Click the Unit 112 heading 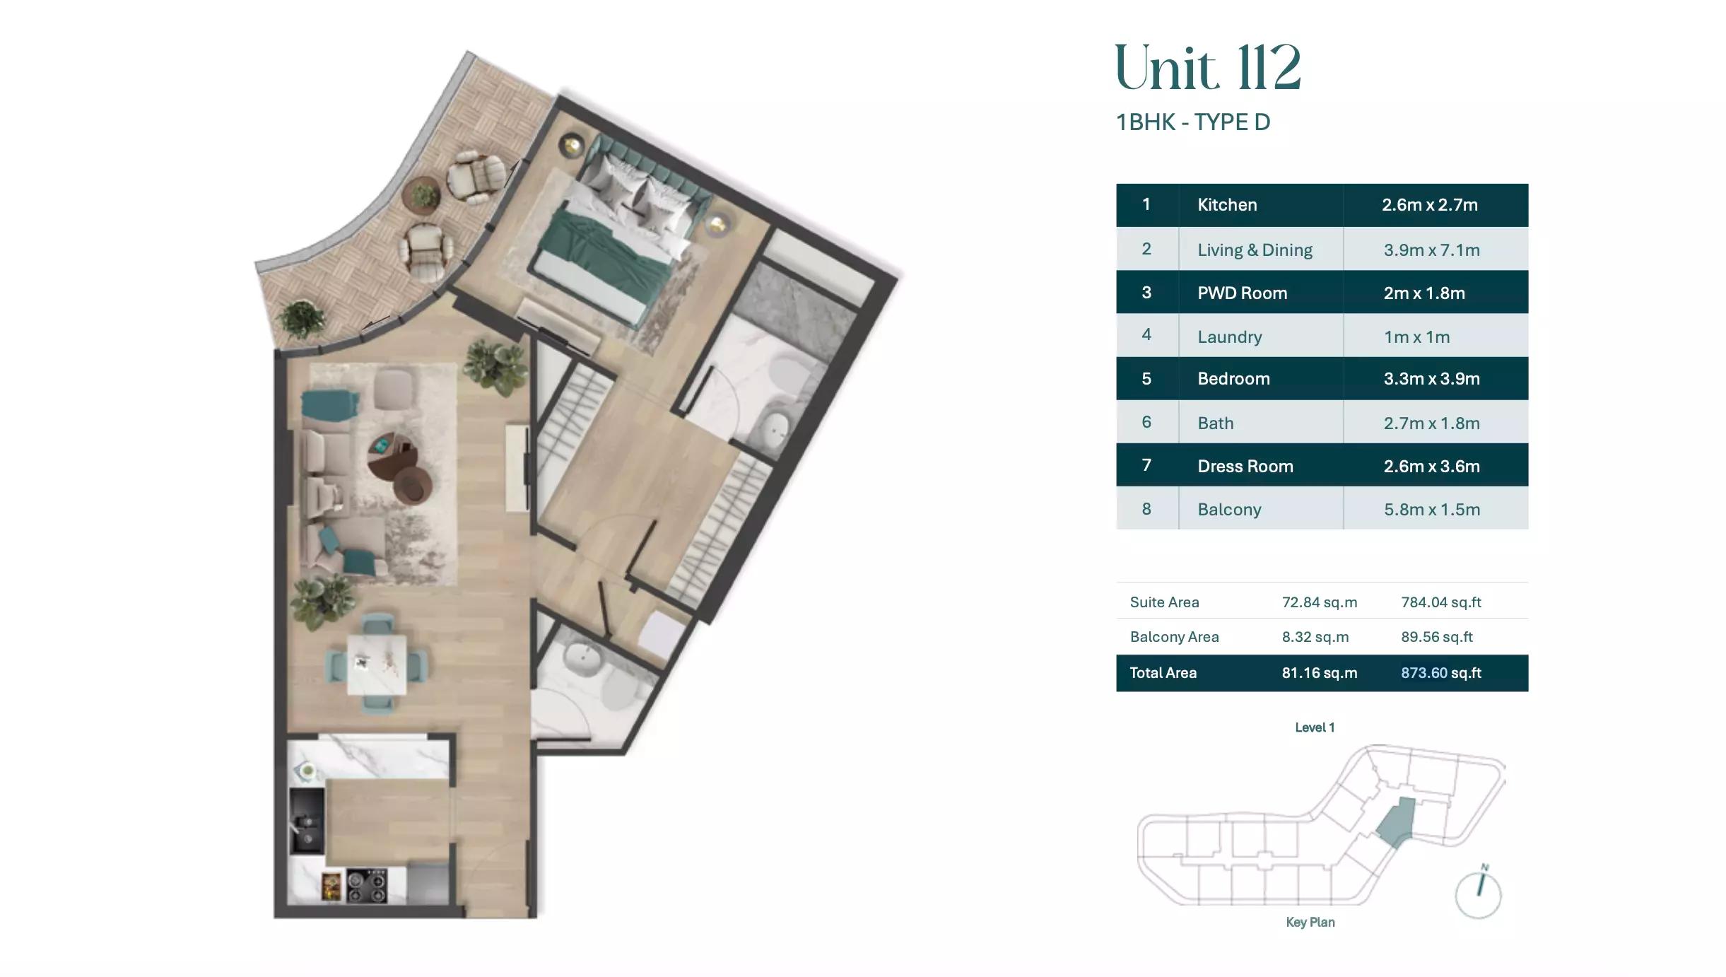[x=1208, y=68]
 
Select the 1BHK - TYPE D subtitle [x=1193, y=122]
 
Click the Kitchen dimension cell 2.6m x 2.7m [x=1430, y=205]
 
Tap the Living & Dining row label [x=1255, y=250]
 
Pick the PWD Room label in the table [x=1242, y=293]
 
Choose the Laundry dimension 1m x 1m [x=1416, y=337]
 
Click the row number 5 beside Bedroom [x=1146, y=379]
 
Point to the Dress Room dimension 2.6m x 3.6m [x=1431, y=467]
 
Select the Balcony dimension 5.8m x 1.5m [x=1431, y=510]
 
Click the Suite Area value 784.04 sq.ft [x=1441, y=602]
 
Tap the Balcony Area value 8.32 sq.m [x=1315, y=637]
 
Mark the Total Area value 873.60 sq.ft [x=1441, y=673]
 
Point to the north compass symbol [x=1478, y=892]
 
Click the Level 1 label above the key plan [x=1315, y=727]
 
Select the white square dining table [x=377, y=665]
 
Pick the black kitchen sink [x=307, y=821]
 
